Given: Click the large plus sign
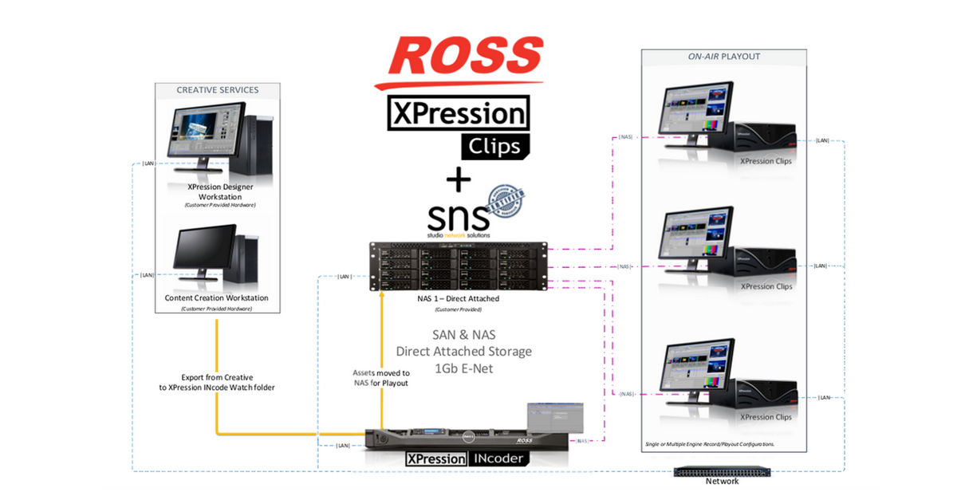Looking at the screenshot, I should point(458,180).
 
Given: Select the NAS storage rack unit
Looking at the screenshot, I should point(461,267).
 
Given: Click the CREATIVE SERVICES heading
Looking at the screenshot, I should point(217,90).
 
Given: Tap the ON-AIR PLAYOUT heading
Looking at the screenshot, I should point(723,57).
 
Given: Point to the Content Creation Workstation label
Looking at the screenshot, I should point(217,298).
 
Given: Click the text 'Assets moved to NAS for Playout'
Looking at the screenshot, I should point(380,378).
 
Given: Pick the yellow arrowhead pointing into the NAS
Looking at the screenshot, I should point(383,294).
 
